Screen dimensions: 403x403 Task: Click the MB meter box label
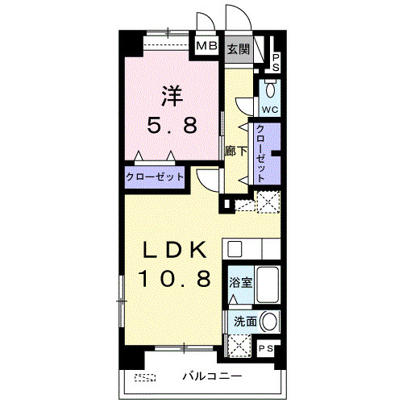click(206, 46)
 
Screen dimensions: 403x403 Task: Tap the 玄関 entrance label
click(239, 49)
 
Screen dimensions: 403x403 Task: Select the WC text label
click(270, 110)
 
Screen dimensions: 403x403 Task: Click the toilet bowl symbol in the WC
click(270, 89)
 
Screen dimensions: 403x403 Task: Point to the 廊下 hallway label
click(235, 151)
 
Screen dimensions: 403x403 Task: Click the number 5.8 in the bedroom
click(172, 125)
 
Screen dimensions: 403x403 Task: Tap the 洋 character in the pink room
click(172, 96)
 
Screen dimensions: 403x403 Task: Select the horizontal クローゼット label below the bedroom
click(155, 177)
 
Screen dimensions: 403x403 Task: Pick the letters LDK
click(175, 250)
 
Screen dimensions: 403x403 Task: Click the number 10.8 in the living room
click(174, 279)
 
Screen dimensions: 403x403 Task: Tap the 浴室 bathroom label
click(240, 282)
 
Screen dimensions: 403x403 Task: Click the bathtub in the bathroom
click(268, 285)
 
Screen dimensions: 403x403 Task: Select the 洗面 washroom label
click(245, 322)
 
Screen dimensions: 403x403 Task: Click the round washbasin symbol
click(269, 322)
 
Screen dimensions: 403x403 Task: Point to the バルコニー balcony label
click(212, 376)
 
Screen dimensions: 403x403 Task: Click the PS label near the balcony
click(266, 348)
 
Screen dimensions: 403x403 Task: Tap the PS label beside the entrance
click(276, 63)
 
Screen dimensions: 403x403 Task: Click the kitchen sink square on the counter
click(235, 249)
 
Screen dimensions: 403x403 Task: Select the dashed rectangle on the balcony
click(145, 377)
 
